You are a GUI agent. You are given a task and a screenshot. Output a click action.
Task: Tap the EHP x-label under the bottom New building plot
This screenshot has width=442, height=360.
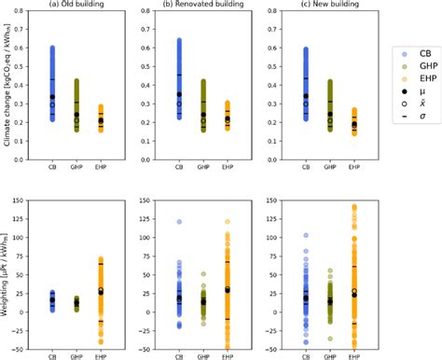pos(353,355)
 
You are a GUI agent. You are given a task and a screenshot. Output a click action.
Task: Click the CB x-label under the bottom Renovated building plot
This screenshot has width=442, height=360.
pos(178,355)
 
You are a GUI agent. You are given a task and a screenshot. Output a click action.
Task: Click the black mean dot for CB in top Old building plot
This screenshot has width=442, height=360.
pos(52,97)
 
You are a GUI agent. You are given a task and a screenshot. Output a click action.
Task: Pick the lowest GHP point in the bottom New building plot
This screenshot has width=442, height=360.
pos(329,339)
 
